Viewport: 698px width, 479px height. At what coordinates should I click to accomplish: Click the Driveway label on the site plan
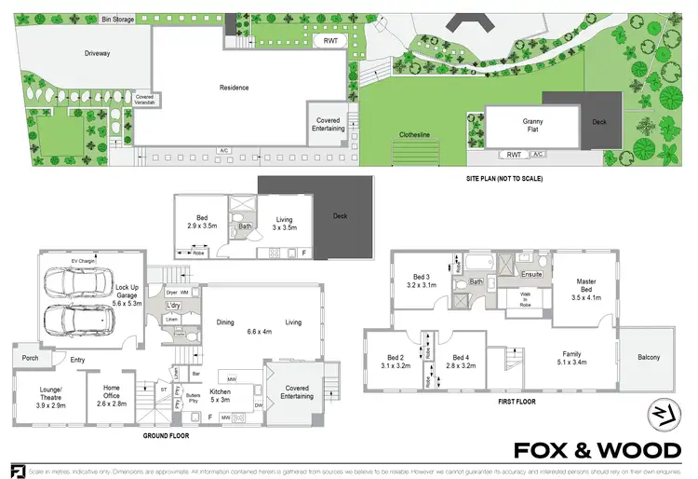click(97, 53)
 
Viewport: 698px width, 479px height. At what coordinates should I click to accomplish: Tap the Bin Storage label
click(119, 17)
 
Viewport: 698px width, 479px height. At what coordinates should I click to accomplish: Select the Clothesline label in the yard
click(414, 134)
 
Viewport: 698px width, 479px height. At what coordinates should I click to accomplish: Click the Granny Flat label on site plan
click(531, 126)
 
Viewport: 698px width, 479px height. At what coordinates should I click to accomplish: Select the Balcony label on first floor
click(648, 358)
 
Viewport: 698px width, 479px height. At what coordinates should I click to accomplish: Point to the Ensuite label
click(531, 274)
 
